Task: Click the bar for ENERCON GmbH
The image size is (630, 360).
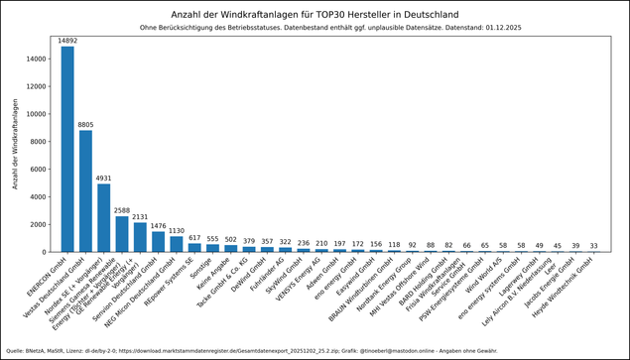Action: [x=67, y=149]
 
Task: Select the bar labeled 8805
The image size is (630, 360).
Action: [x=85, y=190]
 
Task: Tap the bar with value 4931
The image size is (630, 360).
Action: [x=103, y=217]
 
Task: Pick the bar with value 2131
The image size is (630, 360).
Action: [x=140, y=237]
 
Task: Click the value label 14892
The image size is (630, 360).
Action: [x=67, y=41]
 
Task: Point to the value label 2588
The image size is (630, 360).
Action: [x=122, y=210]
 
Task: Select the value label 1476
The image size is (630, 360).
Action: [x=158, y=226]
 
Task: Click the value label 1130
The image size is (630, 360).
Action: [x=176, y=231]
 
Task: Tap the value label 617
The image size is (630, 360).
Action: [x=194, y=238]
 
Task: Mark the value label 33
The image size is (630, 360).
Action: [x=593, y=246]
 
